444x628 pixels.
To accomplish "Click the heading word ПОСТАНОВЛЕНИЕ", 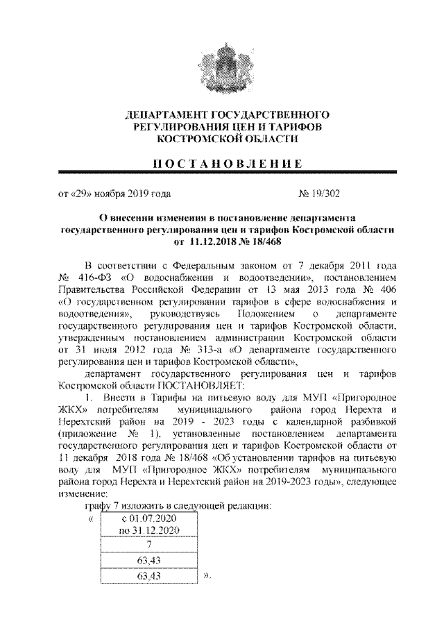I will (222, 164).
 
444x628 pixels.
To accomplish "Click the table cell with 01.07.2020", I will (149, 519).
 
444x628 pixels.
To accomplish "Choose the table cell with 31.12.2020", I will (149, 532).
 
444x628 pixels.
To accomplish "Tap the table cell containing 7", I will (149, 546).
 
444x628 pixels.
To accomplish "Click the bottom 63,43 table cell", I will (149, 577).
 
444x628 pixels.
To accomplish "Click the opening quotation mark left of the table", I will (89, 518).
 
